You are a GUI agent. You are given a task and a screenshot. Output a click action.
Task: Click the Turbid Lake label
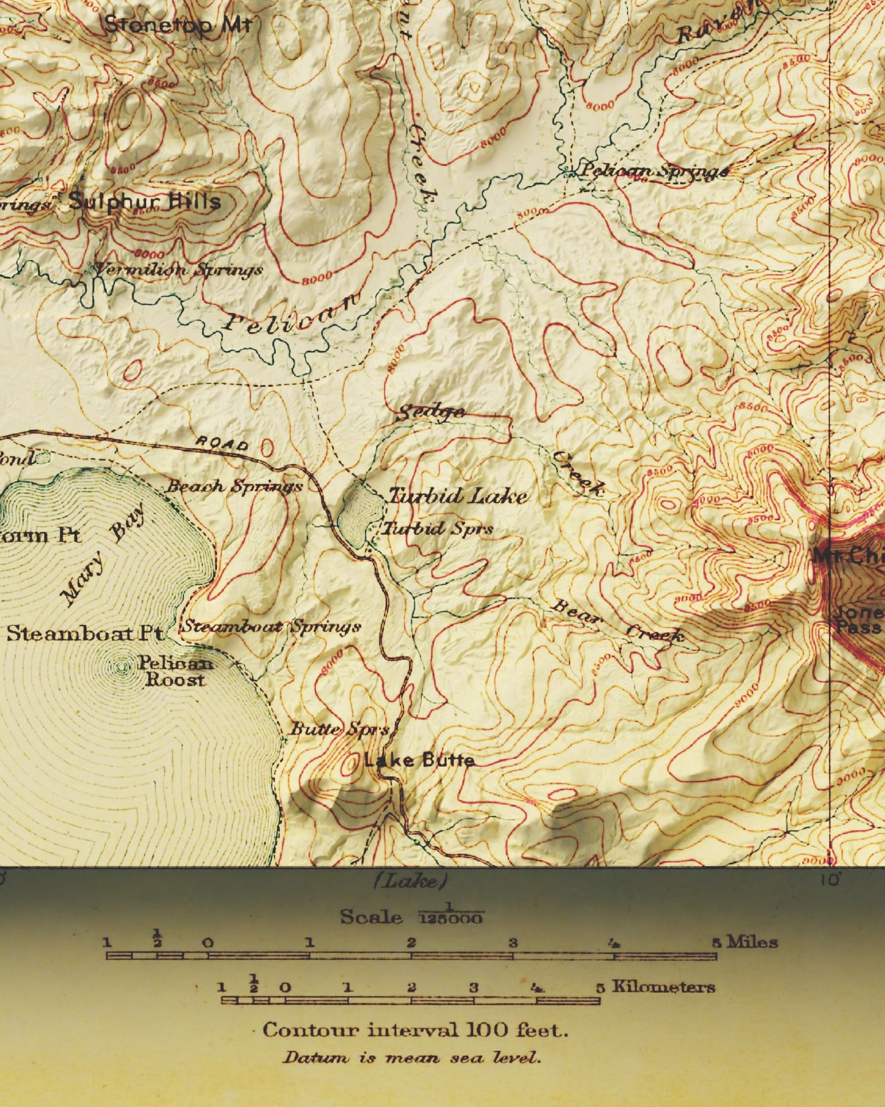coord(458,496)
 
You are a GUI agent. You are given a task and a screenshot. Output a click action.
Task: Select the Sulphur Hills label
coord(145,201)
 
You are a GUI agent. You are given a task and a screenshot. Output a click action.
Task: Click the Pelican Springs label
coord(653,171)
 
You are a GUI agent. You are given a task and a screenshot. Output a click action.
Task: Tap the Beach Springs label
coord(235,487)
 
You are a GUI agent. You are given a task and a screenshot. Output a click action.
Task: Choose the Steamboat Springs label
coord(272,626)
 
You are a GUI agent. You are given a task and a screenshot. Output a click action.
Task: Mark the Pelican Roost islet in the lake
coord(122,666)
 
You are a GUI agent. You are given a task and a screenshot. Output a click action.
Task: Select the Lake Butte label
coord(420,761)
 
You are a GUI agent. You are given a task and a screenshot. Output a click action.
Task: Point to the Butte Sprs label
coord(339,729)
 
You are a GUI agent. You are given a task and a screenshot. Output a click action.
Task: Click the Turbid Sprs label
coord(438,528)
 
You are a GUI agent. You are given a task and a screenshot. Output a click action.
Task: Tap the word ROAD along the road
coord(222,443)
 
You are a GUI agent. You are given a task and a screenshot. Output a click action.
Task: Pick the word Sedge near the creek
coord(431,413)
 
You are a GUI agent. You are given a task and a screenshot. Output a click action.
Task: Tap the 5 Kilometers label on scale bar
coord(655,987)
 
